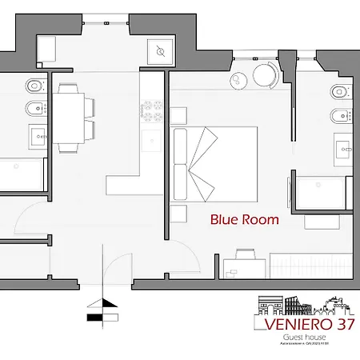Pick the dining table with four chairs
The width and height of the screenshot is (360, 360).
[70, 115]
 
